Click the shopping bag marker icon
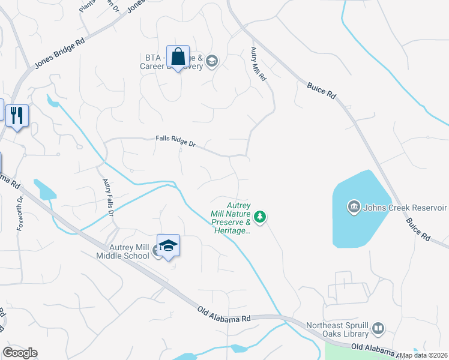[178, 58]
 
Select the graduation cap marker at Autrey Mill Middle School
[169, 246]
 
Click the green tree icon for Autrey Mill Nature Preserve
[260, 216]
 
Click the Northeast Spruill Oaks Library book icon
[378, 329]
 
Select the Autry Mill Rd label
[258, 64]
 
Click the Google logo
[20, 353]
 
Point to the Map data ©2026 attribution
[423, 355]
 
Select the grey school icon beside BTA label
[211, 61]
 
